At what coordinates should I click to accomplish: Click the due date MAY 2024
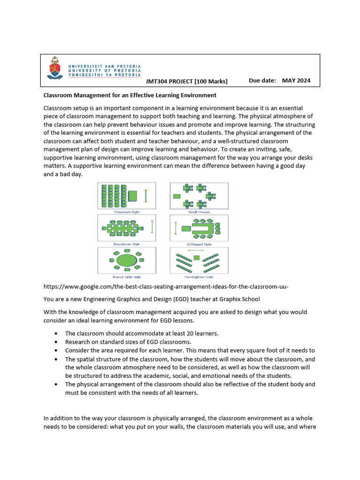pyautogui.click(x=296, y=81)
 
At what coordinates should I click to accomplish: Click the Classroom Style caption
pyautogui.click(x=124, y=212)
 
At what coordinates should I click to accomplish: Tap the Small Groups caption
pyautogui.click(x=199, y=212)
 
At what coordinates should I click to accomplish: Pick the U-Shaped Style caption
pyautogui.click(x=199, y=244)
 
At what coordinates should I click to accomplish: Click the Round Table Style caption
pyautogui.click(x=124, y=277)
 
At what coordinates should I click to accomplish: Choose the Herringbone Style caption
pyautogui.click(x=199, y=277)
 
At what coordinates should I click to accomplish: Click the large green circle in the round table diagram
pyautogui.click(x=125, y=259)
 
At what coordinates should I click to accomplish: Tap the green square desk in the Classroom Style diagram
pyautogui.click(x=133, y=195)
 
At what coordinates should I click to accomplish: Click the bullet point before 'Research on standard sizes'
pyautogui.click(x=56, y=342)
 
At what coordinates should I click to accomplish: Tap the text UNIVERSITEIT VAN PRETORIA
pyautogui.click(x=104, y=67)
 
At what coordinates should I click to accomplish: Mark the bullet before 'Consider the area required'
pyautogui.click(x=56, y=351)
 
